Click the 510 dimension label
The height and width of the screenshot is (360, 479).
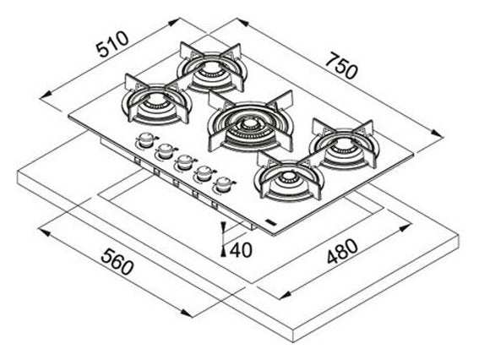112,44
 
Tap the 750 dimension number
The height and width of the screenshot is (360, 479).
340,66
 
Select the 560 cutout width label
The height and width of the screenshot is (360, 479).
117,262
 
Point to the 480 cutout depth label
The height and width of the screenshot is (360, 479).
342,251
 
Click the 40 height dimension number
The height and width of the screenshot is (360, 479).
241,250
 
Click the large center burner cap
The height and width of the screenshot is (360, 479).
250,124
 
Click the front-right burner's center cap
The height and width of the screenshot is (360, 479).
286,177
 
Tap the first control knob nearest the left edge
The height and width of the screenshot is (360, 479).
147,139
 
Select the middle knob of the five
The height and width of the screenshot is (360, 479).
184,162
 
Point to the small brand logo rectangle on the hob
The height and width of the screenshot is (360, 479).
271,222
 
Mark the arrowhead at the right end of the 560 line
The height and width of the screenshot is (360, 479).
187,313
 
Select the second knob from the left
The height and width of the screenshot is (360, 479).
166,151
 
